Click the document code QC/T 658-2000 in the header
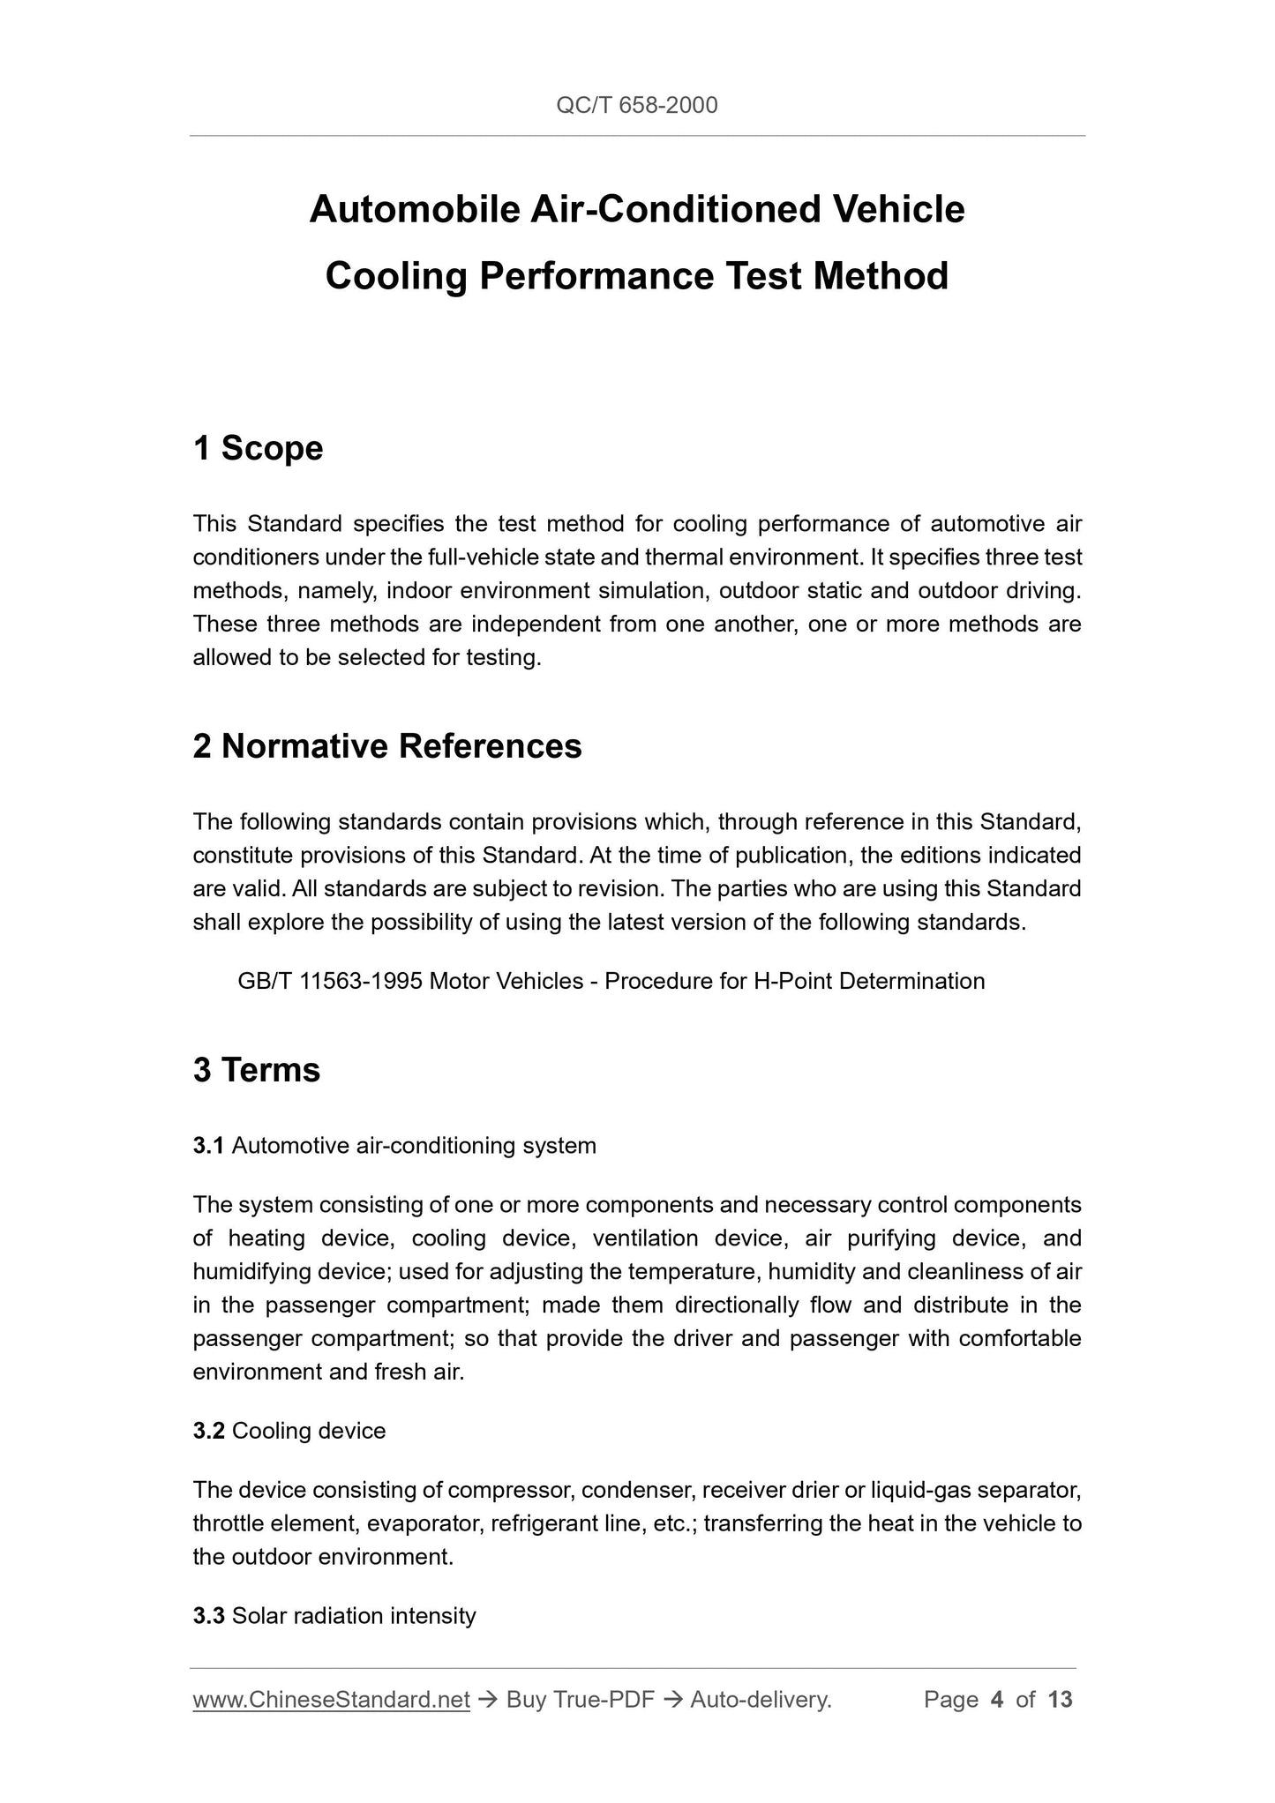[x=636, y=106]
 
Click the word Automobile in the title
[x=414, y=210]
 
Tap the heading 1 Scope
[x=258, y=448]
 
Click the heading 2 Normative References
[x=387, y=746]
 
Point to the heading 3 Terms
[x=256, y=1070]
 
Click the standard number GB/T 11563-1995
[x=330, y=981]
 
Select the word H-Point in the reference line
[x=792, y=981]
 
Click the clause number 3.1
[x=208, y=1146]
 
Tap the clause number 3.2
[x=209, y=1431]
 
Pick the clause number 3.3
[x=209, y=1616]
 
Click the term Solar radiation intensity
[x=354, y=1616]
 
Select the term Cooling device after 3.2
[x=309, y=1431]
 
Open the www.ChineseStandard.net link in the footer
[x=331, y=1700]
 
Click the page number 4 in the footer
[x=997, y=1700]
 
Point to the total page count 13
[x=1061, y=1700]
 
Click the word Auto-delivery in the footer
[x=760, y=1700]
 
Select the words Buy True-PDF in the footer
[x=580, y=1700]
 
